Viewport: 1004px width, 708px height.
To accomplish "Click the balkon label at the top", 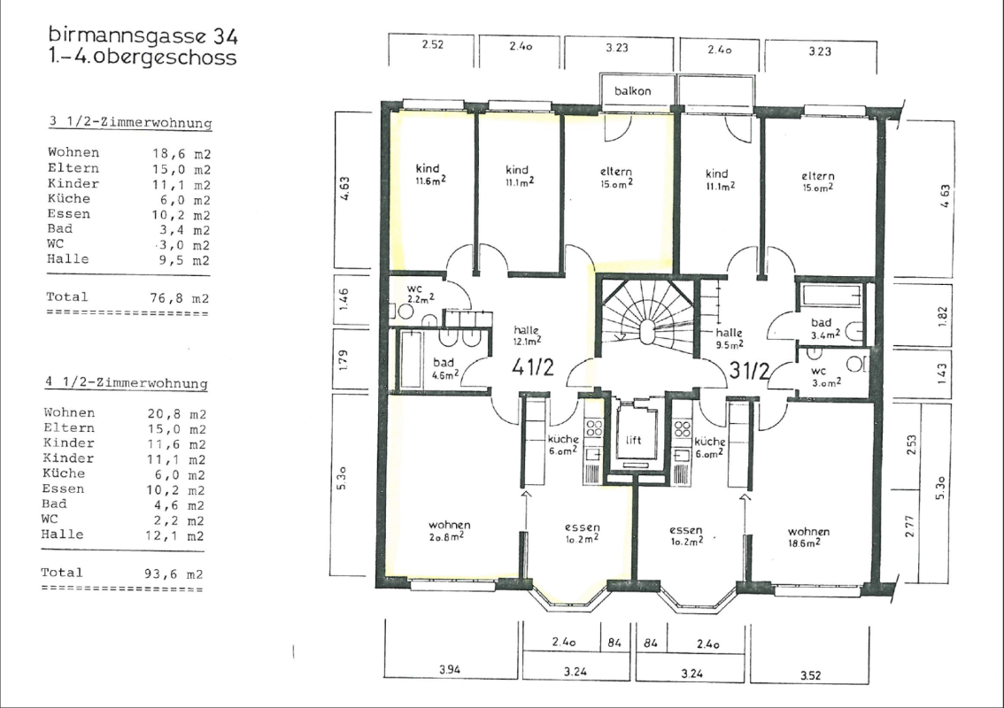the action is pyautogui.click(x=633, y=91).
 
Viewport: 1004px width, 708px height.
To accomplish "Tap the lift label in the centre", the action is pyautogui.click(x=633, y=440).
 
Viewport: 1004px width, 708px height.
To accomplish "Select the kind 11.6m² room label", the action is pyautogui.click(x=429, y=173).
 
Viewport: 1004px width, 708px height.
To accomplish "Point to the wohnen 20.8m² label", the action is pyautogui.click(x=449, y=531).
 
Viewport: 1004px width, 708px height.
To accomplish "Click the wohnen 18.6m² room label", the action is pyautogui.click(x=808, y=537).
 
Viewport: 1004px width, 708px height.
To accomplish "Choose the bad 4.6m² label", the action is pyautogui.click(x=444, y=368).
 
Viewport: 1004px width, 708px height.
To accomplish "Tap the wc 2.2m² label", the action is pyautogui.click(x=420, y=293).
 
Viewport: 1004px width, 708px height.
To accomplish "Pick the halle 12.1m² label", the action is pyautogui.click(x=526, y=335).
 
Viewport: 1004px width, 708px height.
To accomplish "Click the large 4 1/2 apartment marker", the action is pyautogui.click(x=533, y=366).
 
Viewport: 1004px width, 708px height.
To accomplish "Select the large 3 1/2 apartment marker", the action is pyautogui.click(x=749, y=371).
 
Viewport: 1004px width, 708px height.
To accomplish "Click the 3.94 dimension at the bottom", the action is pyautogui.click(x=450, y=670).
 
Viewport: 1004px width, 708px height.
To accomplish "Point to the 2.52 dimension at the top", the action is pyautogui.click(x=432, y=45).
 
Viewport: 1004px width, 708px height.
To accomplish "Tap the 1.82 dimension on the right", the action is pyautogui.click(x=941, y=316).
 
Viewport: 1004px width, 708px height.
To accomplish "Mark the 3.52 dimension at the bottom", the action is pyautogui.click(x=811, y=674).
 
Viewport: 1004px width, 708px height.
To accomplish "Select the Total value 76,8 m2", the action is pyautogui.click(x=181, y=298).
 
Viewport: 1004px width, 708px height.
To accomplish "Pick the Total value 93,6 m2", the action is pyautogui.click(x=174, y=574).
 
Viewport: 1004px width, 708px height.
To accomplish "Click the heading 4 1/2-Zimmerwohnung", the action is pyautogui.click(x=126, y=382).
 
